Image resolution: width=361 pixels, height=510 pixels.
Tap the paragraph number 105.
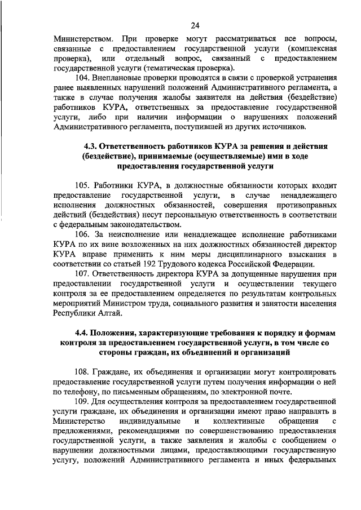point(82,185)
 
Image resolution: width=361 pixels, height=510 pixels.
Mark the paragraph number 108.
point(82,372)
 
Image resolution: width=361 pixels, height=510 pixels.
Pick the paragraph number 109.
point(82,402)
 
